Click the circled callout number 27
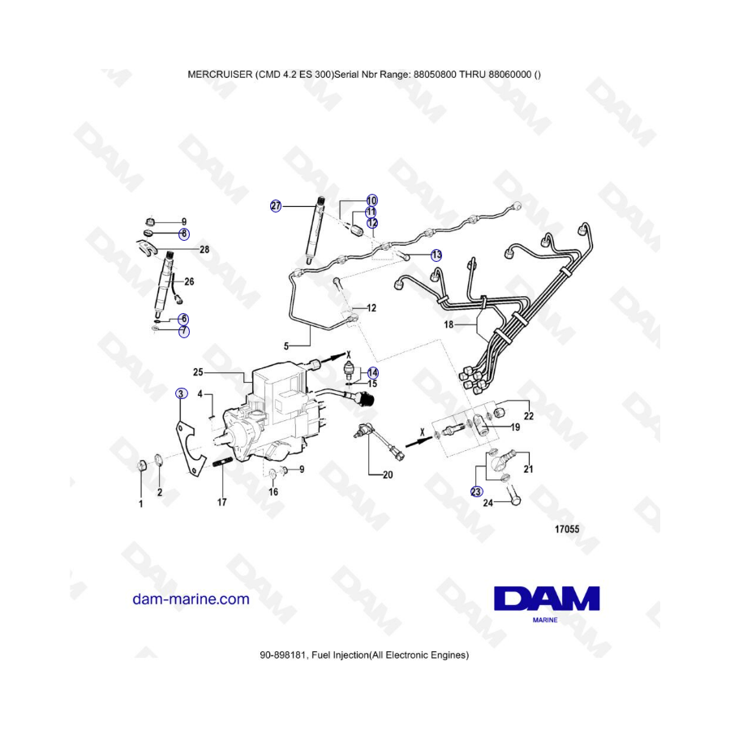click(276, 206)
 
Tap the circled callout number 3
click(181, 394)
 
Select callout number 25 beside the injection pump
click(198, 372)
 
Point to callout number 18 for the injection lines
click(449, 324)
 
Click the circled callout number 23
click(476, 492)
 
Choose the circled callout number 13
click(436, 255)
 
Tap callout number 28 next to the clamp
click(204, 250)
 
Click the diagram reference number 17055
click(567, 529)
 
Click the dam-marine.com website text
click(191, 599)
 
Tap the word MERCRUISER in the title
click(220, 75)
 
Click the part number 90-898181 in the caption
click(282, 655)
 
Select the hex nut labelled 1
click(142, 465)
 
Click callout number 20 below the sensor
click(388, 474)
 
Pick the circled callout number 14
click(373, 372)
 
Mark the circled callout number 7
click(184, 332)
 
